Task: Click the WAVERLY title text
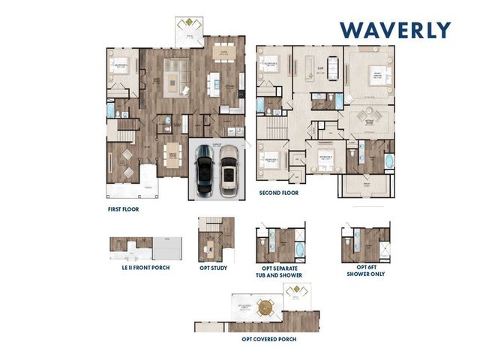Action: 394,30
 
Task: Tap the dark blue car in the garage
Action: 205,169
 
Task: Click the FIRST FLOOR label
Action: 123,210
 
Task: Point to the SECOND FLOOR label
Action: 278,193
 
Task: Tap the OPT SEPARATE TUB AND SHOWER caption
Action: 281,271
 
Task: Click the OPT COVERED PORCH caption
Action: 268,339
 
